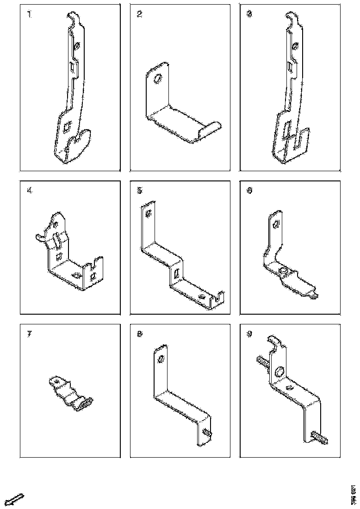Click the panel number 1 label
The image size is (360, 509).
(x=30, y=14)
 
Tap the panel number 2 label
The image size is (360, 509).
(x=139, y=14)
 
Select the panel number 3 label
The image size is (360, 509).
(x=249, y=14)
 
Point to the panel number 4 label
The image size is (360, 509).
(x=30, y=190)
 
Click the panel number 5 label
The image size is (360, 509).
(x=139, y=190)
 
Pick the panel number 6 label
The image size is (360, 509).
(x=249, y=190)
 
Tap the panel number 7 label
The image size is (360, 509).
(x=30, y=335)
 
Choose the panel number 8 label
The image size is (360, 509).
(x=139, y=335)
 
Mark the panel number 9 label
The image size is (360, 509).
(x=249, y=335)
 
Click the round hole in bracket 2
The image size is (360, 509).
(x=157, y=80)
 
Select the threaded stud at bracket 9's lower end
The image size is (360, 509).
(x=319, y=437)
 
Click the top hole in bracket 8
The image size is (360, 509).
(x=161, y=359)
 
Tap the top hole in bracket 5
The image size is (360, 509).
(x=148, y=213)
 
